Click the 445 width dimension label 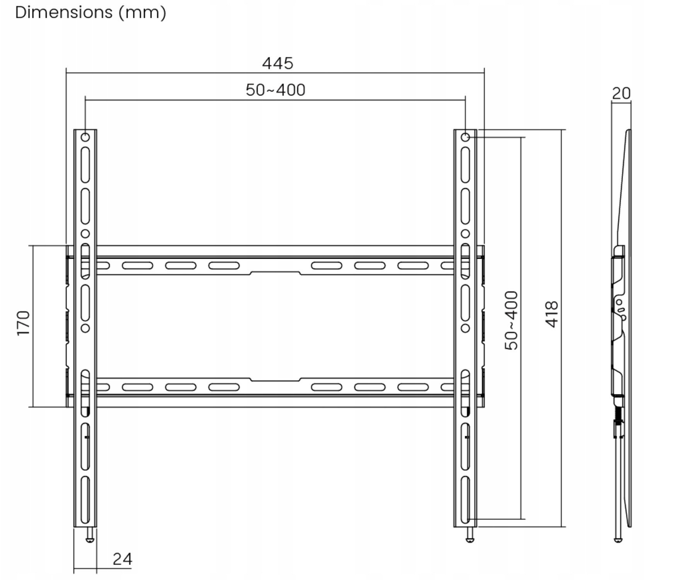click(277, 63)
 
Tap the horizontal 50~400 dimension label click(275, 90)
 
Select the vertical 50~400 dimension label click(512, 321)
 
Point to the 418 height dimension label click(552, 314)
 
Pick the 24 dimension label click(122, 559)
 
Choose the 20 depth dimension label click(621, 93)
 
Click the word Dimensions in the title click(64, 12)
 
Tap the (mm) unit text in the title click(142, 13)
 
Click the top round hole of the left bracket click(85, 137)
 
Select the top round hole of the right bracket click(466, 137)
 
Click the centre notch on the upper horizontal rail click(275, 273)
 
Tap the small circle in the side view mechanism click(619, 302)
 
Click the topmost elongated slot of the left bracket click(85, 165)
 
